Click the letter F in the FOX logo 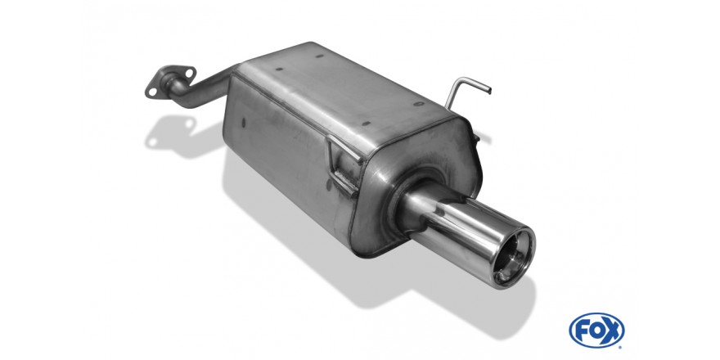582,331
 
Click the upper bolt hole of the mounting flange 190,72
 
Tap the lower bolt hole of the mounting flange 152,92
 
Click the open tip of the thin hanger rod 489,91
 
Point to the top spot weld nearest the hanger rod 418,104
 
